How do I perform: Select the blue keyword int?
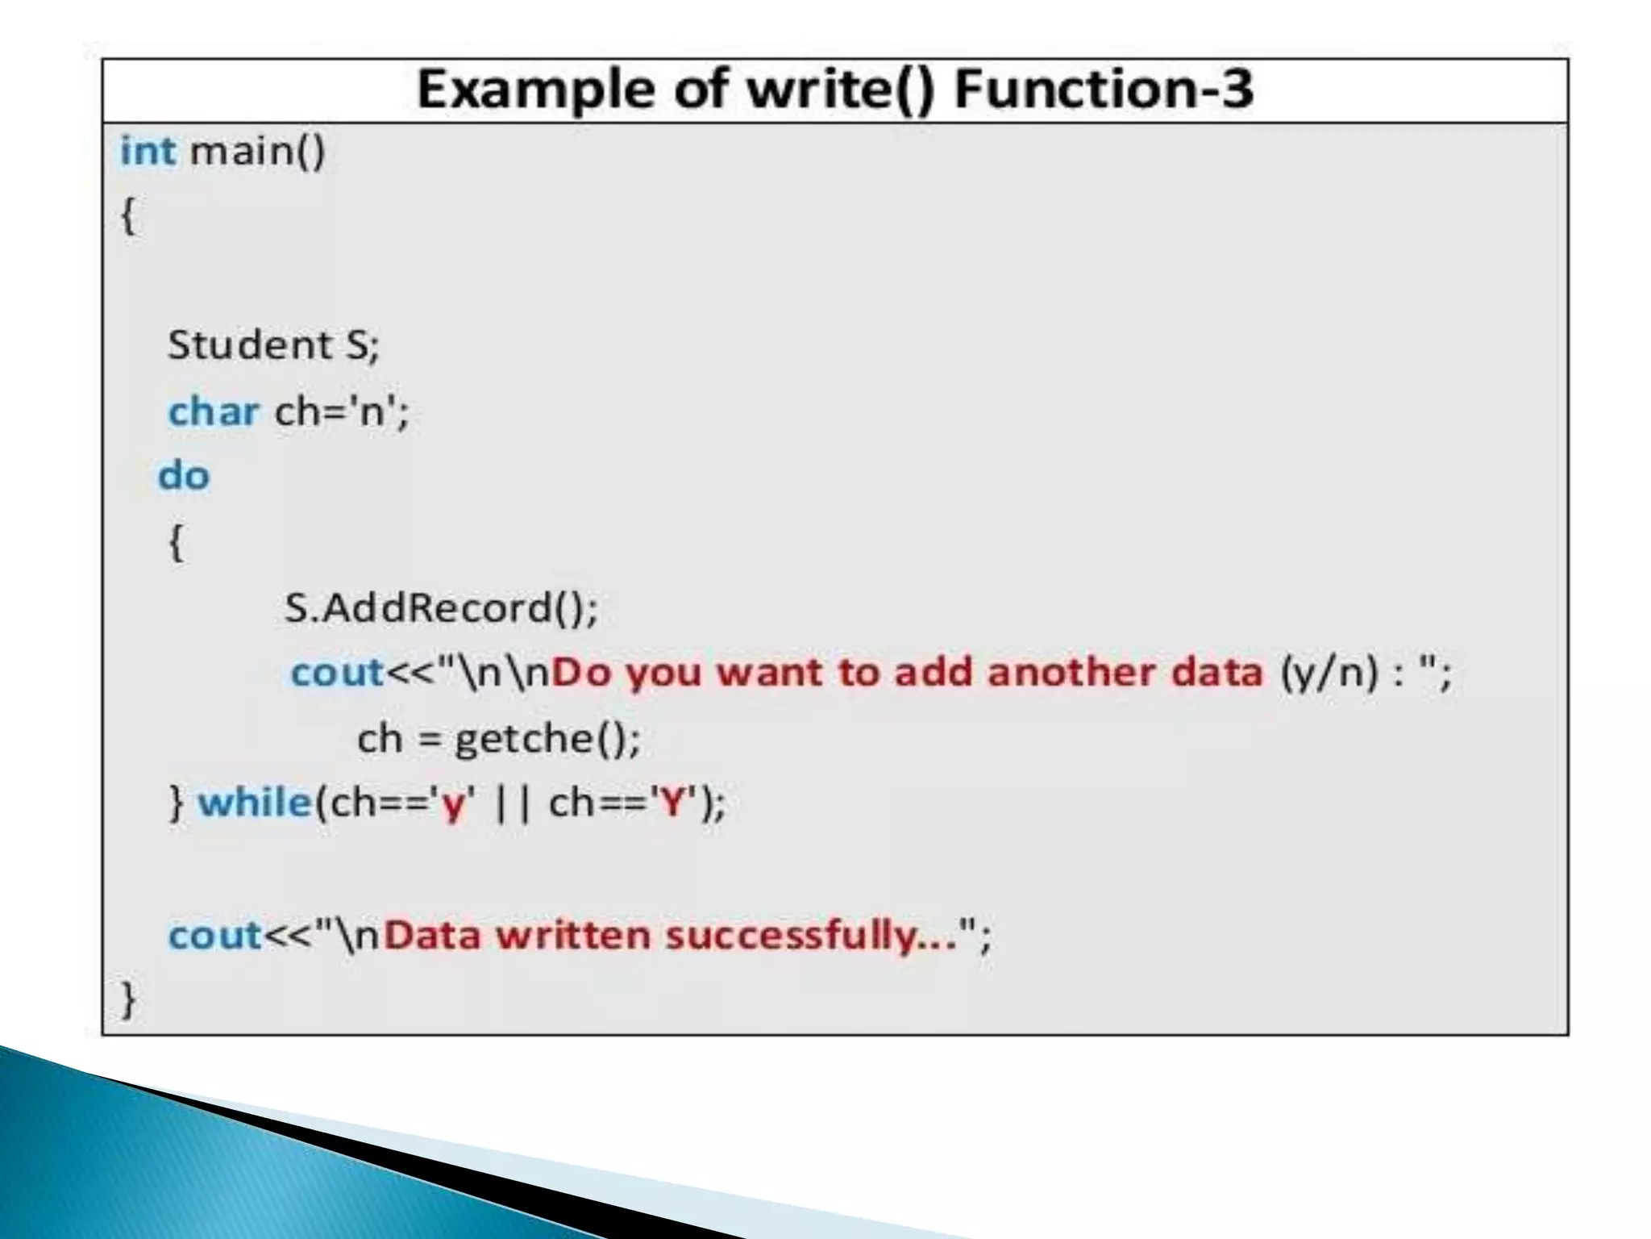[x=148, y=151]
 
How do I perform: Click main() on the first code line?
[x=257, y=151]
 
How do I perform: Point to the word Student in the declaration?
[x=249, y=345]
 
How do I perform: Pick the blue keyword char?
[x=214, y=411]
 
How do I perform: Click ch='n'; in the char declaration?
[x=343, y=411]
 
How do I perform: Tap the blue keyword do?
[x=184, y=476]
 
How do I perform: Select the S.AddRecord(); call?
[x=441, y=607]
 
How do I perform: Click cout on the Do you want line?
[x=337, y=673]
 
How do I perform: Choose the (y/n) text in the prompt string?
[x=1329, y=673]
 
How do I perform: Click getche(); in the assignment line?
[x=547, y=738]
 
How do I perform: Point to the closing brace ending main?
[x=128, y=1000]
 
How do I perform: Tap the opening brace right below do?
[x=177, y=542]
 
